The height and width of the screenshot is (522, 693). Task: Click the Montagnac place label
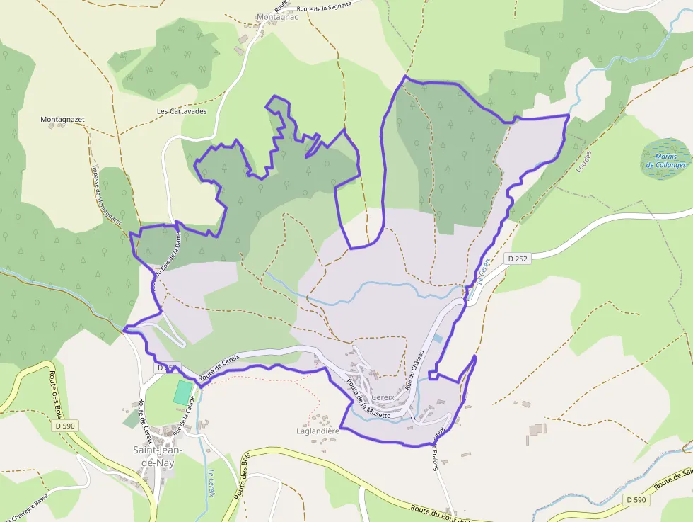[277, 17]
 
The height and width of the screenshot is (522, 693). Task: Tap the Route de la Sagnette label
[326, 8]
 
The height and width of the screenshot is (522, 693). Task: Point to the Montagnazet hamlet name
[63, 120]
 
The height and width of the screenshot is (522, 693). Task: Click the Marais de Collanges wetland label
[666, 161]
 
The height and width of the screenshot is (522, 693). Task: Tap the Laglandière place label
[318, 431]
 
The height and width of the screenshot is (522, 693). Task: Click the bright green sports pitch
[182, 392]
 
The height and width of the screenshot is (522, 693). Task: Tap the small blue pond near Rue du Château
[438, 339]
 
